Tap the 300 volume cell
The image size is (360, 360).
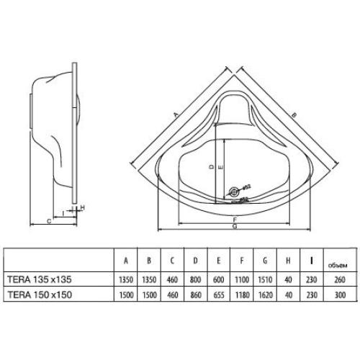pyautogui.click(x=332, y=293)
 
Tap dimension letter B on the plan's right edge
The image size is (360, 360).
pyautogui.click(x=296, y=113)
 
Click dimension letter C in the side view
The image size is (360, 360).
pyautogui.click(x=48, y=220)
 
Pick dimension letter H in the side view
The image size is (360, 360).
pyautogui.click(x=84, y=207)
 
